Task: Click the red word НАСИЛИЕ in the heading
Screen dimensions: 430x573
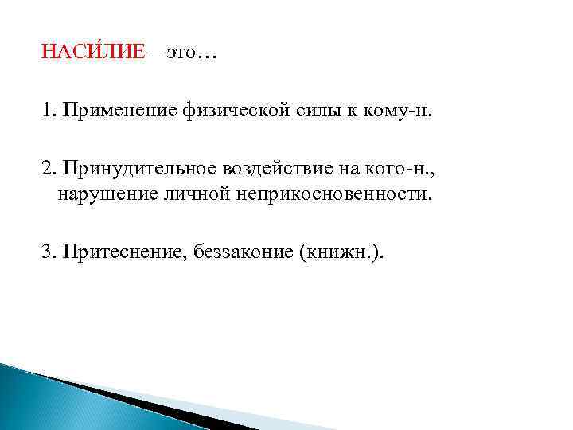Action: click(x=94, y=53)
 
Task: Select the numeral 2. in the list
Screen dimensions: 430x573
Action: click(x=49, y=169)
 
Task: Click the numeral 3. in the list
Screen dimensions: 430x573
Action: click(x=49, y=252)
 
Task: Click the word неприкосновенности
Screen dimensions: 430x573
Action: click(x=333, y=195)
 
